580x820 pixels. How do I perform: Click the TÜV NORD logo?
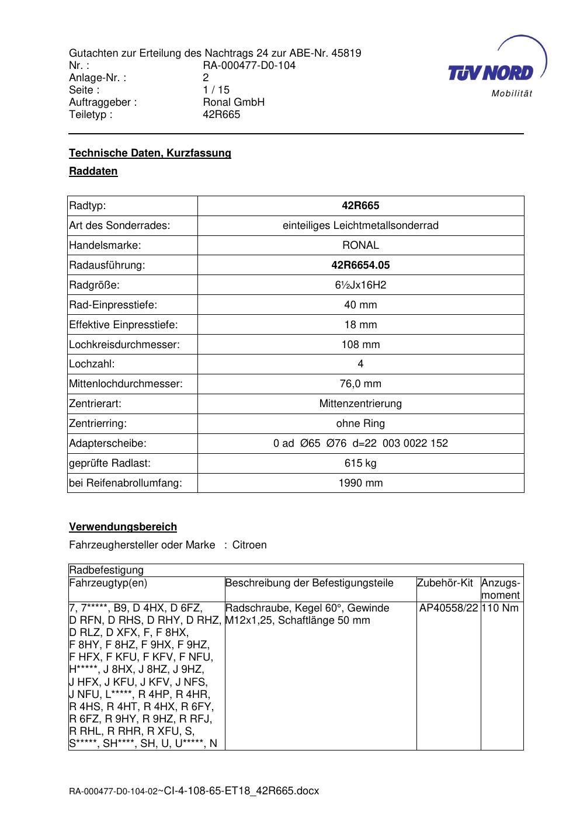496,69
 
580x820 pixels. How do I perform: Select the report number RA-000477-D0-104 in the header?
249,65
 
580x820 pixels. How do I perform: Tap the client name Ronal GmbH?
233,102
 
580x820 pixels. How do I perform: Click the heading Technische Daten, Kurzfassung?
150,153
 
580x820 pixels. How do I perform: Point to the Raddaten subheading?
93,171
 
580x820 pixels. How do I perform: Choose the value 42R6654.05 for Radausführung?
360,265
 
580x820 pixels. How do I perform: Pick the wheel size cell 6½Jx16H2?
360,285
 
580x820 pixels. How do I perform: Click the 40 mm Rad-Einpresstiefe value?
360,305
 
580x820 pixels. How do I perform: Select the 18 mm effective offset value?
360,325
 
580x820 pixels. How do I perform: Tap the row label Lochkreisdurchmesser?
124,345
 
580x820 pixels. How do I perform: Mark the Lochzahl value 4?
360,364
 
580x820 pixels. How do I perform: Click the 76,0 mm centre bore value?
360,384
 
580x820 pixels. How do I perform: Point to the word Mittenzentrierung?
360,404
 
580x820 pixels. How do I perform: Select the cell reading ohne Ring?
360,423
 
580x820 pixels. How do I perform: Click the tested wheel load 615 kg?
360,463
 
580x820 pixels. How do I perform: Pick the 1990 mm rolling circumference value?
360,483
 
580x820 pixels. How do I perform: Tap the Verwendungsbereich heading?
123,527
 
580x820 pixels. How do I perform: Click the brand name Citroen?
249,545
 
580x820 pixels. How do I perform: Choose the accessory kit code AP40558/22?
449,608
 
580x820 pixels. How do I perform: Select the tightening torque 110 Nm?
501,608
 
